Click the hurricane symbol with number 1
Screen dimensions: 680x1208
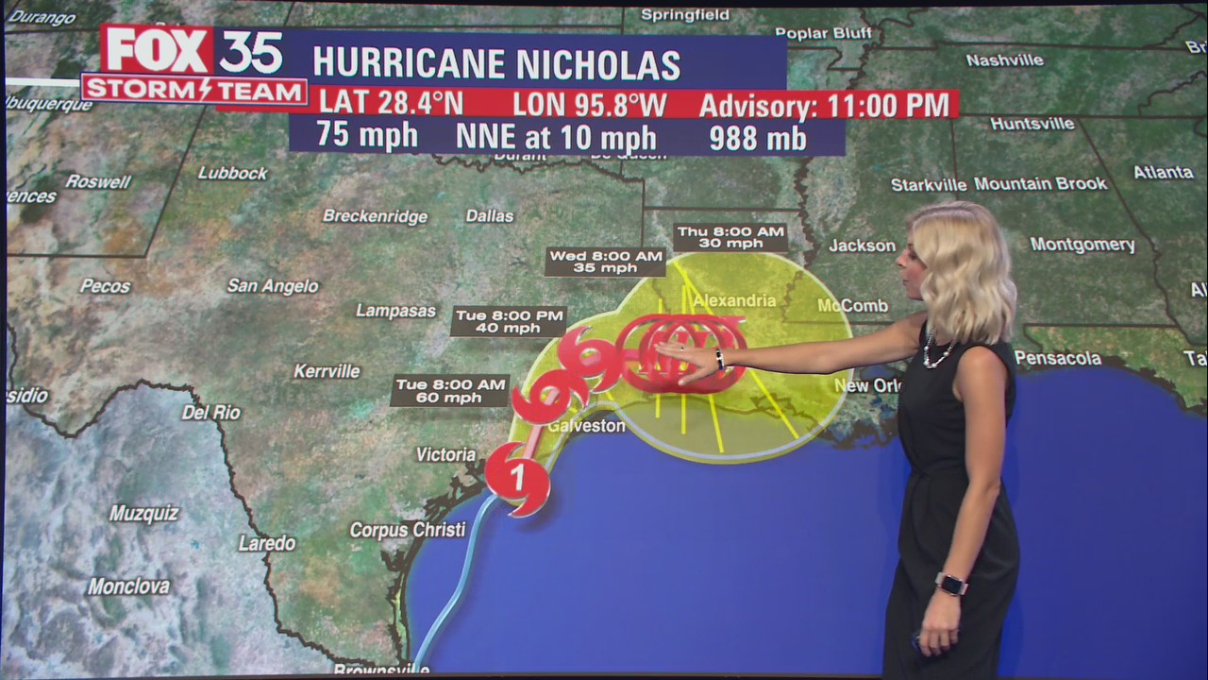coord(518,478)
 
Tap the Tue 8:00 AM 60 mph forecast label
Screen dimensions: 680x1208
coord(450,391)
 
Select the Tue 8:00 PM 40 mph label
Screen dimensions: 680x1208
coord(509,321)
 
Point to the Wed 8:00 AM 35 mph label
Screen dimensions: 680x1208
coord(605,262)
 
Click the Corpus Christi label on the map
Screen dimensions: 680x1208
coord(408,530)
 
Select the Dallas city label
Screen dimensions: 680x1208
coord(490,216)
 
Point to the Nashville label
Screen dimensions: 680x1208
coord(1004,60)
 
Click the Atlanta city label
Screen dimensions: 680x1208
coord(1163,173)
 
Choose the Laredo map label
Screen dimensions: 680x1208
coord(266,544)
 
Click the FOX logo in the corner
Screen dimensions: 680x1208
coord(158,51)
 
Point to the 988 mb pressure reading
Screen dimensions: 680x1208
coord(758,138)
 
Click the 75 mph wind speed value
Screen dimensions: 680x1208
coord(367,136)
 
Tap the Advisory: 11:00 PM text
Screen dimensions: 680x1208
coord(823,105)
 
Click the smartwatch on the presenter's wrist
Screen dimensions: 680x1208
coord(950,584)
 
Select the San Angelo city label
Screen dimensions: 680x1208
coord(273,286)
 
